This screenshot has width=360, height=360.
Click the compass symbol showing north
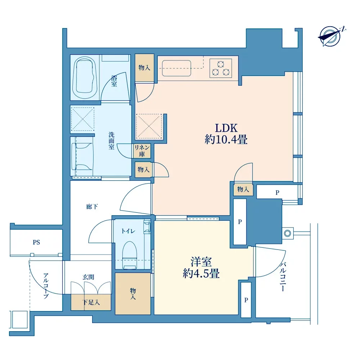pos(330,36)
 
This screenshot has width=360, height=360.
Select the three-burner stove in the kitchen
pos(220,68)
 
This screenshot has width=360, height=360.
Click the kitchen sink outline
pos(176,68)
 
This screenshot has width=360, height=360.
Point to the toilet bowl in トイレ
pos(130,255)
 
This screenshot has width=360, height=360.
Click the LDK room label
pos(226,128)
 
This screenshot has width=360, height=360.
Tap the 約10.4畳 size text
pos(226,139)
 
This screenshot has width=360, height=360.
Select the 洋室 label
pos(201,261)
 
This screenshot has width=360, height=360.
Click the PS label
pos(36,242)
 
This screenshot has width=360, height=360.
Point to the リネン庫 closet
pos(142,151)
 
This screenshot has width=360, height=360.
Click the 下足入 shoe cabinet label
pos(91,302)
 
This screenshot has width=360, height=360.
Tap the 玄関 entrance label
pos(89,277)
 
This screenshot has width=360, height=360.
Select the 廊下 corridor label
pos(92,207)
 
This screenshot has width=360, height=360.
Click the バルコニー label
pos(283,276)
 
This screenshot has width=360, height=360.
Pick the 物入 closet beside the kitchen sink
pos(144,67)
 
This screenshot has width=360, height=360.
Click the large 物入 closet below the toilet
pos(133,294)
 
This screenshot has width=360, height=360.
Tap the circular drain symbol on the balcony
pos(287,234)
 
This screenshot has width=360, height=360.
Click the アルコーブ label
pos(46,286)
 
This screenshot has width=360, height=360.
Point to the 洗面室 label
pos(112,141)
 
